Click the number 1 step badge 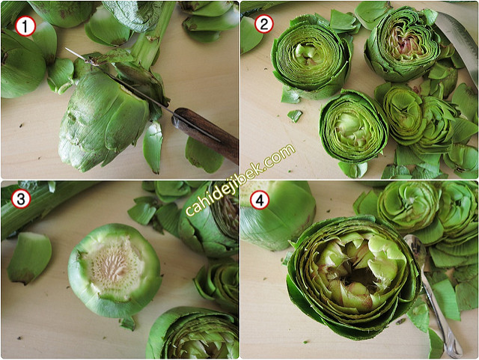click(25, 26)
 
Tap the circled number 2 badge click(264, 23)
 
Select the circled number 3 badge click(21, 198)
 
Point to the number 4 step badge click(260, 201)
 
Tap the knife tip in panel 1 click(66, 49)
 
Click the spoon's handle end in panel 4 click(455, 352)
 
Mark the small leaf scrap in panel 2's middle click(294, 116)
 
